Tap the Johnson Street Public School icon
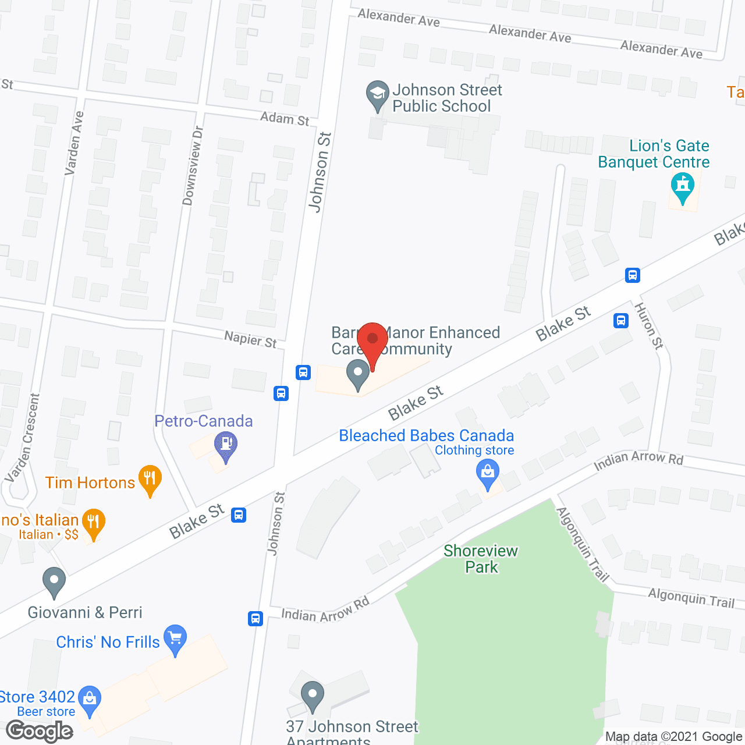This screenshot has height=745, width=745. tap(377, 94)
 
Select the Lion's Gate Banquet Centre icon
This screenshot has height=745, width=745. tap(683, 186)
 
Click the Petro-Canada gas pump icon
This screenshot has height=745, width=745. tap(226, 446)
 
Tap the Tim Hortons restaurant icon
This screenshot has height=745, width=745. tap(150, 480)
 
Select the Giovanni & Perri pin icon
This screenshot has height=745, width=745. tap(54, 581)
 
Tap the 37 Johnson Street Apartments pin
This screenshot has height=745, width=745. tap(313, 696)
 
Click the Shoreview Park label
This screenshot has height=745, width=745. tap(481, 559)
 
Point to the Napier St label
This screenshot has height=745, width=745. tap(250, 339)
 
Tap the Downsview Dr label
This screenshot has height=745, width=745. tap(192, 166)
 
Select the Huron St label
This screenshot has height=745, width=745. tap(648, 326)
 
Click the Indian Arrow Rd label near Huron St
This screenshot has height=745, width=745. tap(638, 460)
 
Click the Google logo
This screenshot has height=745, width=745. tap(40, 731)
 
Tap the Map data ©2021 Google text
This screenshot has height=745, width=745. tap(674, 737)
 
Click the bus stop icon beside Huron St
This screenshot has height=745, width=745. tap(621, 320)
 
